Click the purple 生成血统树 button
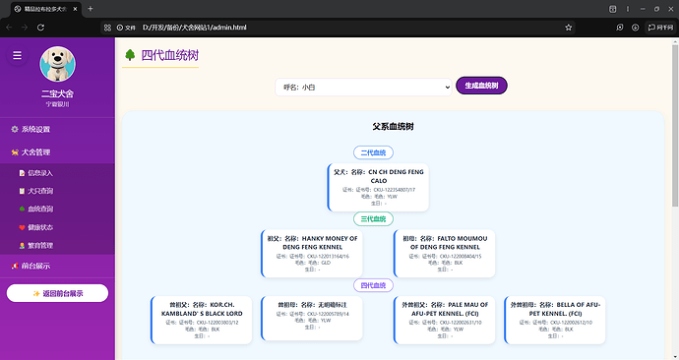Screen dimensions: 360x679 coord(481,87)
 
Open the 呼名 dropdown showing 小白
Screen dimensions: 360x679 coord(362,88)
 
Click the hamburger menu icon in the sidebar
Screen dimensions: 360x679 coord(17,56)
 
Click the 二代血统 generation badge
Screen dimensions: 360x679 coord(373,153)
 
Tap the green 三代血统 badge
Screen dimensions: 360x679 coord(373,219)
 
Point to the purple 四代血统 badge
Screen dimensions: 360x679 coord(373,285)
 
